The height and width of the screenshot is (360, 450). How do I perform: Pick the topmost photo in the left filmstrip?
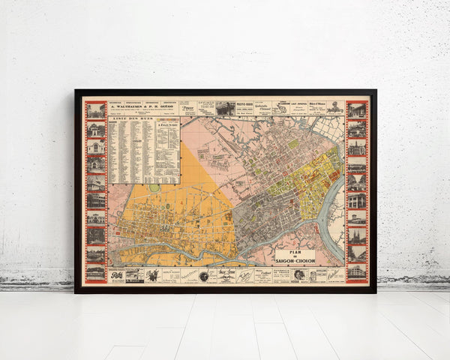click(x=95, y=111)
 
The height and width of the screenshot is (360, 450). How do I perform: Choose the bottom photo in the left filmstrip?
click(x=95, y=272)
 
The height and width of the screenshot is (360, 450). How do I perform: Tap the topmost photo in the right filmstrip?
click(x=357, y=111)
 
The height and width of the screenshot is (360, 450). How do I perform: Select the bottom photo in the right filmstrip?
click(x=357, y=271)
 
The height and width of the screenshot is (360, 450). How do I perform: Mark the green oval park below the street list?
click(x=154, y=188)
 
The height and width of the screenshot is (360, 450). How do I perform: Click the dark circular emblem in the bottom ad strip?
click(x=203, y=276)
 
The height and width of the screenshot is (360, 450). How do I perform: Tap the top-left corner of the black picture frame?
click(x=76, y=91)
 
